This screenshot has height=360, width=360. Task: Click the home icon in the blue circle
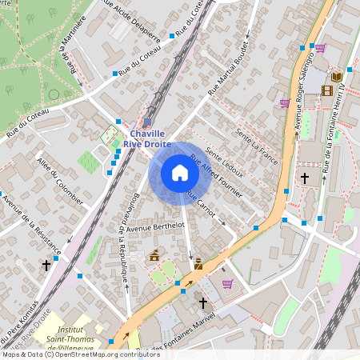(179, 173)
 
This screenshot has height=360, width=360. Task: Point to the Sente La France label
(256, 146)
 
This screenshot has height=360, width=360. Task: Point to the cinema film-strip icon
(326, 90)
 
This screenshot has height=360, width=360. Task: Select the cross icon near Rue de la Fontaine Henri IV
(304, 177)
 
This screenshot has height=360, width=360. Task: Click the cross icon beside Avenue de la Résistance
(46, 264)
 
